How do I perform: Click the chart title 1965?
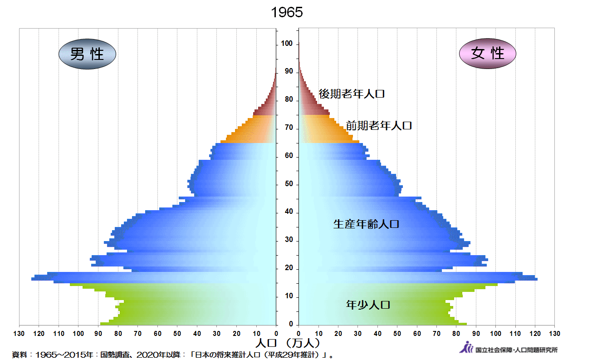[287, 13]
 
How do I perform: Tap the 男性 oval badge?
[87, 54]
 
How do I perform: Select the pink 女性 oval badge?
[488, 54]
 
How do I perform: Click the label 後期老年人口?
[352, 94]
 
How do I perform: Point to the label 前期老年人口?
[379, 126]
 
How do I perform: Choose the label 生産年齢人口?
[366, 224]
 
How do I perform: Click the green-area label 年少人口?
[368, 305]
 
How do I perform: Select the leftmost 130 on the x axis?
[19, 334]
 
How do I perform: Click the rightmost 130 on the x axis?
[554, 334]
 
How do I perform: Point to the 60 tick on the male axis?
[157, 334]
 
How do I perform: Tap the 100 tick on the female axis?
[495, 334]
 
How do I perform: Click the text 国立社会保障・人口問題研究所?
[516, 350]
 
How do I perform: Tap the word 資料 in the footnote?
[20, 354]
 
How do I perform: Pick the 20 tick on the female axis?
[338, 334]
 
